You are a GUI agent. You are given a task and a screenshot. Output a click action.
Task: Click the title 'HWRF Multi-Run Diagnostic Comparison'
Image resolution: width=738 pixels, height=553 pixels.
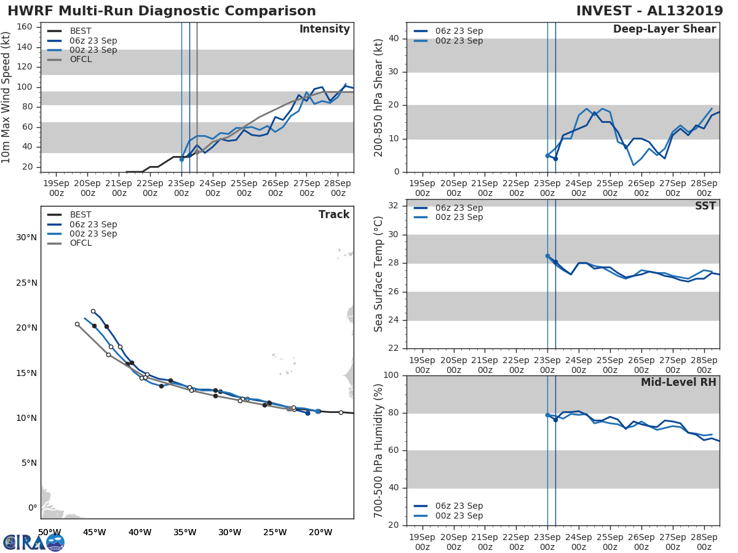(x=162, y=12)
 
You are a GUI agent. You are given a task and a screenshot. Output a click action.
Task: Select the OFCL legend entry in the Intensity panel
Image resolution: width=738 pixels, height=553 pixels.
(x=81, y=60)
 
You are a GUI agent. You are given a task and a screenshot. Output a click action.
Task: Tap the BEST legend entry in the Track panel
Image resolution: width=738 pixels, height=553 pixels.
(x=81, y=215)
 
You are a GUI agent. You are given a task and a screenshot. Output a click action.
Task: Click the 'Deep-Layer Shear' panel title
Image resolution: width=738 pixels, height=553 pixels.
(x=664, y=29)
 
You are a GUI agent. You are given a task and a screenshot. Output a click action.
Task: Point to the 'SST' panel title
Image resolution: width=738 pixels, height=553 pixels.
(x=705, y=206)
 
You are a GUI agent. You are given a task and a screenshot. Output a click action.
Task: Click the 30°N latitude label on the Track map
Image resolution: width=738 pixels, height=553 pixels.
(x=26, y=238)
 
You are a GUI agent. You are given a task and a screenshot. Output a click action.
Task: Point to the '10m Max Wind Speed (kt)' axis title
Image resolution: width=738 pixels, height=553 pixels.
(x=7, y=98)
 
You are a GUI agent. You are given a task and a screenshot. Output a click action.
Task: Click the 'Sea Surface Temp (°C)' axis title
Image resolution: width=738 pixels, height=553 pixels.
(x=379, y=274)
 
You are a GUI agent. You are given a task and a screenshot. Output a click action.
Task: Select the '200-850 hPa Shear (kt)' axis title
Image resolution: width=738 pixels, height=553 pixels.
(x=379, y=97)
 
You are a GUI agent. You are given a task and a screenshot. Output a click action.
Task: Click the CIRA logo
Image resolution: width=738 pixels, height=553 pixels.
(x=34, y=542)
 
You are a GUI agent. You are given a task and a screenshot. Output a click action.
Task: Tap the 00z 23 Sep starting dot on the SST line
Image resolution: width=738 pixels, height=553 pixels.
(x=547, y=256)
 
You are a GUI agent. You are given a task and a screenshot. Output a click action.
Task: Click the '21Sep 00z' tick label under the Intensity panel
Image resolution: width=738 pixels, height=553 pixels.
(x=118, y=188)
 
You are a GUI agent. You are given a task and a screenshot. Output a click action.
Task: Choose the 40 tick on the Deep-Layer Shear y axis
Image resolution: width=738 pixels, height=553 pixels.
(x=392, y=39)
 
